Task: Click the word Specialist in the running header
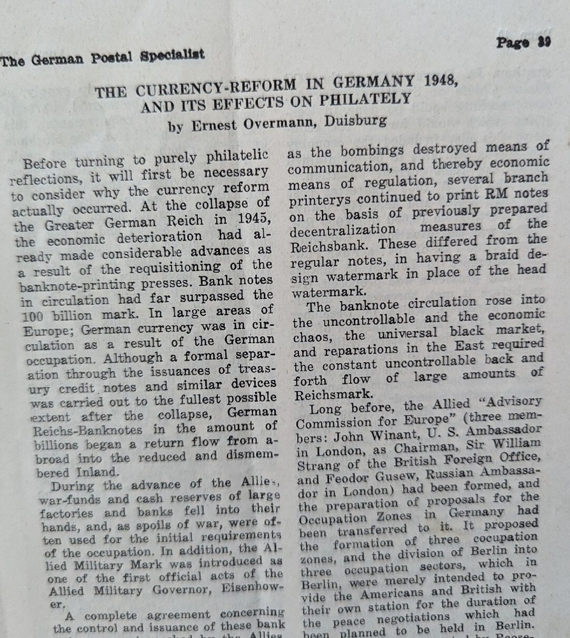pos(172,55)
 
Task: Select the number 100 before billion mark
pos(37,316)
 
